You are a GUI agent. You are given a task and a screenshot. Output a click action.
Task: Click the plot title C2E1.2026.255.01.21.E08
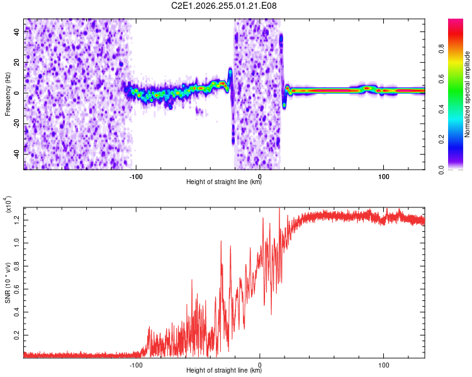point(223,6)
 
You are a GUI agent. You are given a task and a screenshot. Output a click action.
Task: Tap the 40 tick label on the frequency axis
point(17,32)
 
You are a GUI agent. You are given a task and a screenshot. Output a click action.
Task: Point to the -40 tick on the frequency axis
point(17,154)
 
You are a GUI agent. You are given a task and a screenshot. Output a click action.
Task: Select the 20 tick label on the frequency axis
point(17,63)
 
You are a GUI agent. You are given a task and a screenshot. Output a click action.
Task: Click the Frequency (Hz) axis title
point(8,94)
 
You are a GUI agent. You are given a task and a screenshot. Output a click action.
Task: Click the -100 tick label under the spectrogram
point(136,177)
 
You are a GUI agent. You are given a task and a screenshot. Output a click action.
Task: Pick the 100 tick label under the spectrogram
point(383,177)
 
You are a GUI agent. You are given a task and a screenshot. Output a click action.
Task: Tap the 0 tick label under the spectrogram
point(260,177)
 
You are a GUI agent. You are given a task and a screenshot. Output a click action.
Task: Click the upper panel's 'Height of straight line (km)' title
point(224,182)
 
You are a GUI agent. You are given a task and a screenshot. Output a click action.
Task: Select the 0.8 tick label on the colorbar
point(441,49)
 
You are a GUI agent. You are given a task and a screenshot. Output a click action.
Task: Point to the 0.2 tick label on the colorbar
point(441,139)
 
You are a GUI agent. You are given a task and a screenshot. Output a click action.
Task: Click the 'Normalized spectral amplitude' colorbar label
point(467,94)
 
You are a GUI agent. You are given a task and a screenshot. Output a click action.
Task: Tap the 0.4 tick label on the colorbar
point(441,109)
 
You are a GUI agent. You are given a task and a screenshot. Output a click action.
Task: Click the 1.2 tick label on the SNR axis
point(17,220)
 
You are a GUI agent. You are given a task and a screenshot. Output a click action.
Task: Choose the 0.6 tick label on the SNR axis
point(17,289)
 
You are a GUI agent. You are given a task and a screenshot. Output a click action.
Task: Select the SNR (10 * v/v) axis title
point(8,283)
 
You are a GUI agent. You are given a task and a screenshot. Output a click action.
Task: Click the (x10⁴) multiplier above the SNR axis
point(8,204)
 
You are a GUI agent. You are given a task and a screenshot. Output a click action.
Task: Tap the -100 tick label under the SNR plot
point(136,365)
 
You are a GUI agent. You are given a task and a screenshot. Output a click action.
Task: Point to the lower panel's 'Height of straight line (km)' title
point(224,370)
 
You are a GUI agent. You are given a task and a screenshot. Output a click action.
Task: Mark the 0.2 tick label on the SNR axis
point(17,335)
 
